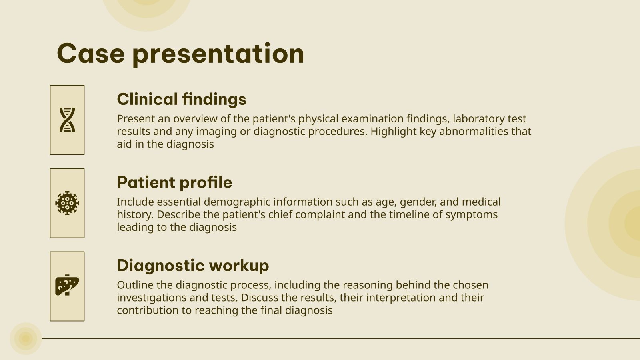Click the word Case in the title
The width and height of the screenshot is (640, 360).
(91, 53)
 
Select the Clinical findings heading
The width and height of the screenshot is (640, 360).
(181, 99)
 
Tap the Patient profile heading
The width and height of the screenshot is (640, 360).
(174, 182)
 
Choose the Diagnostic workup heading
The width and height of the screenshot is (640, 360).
(193, 266)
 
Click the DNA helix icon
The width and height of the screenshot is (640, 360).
(67, 120)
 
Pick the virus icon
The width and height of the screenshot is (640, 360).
(67, 203)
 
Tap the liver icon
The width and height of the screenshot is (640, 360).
(67, 286)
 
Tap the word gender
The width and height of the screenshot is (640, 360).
(418, 202)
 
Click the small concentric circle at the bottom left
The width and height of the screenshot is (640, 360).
(26, 339)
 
